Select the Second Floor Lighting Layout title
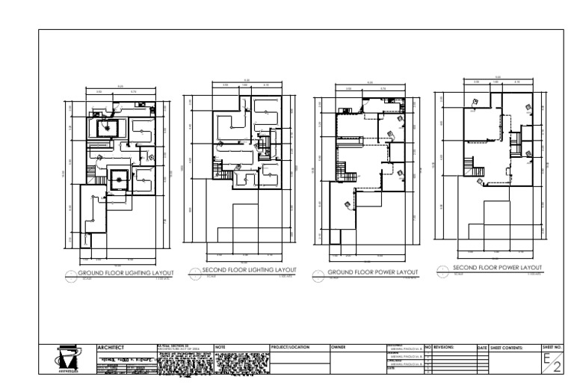coord(250,270)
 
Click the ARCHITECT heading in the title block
coord(111,348)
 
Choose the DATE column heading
coord(482,348)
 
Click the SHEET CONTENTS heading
coord(507,348)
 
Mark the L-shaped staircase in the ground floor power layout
coord(347,173)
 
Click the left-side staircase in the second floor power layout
coord(469,164)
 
